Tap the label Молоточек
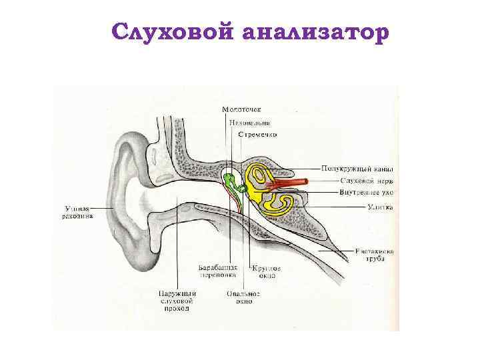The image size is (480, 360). tap(242, 110)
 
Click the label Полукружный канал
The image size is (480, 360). tap(358, 169)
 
